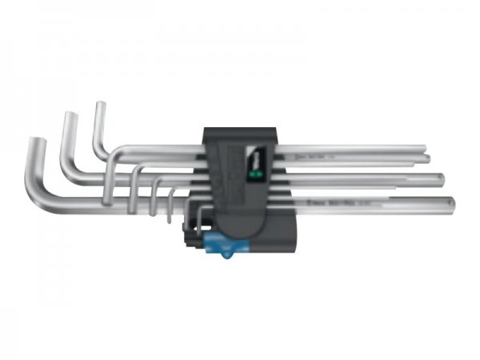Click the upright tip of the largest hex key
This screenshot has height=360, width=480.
[35, 144]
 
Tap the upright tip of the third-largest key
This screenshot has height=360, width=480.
[100, 107]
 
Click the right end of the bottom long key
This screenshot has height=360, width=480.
[454, 204]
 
